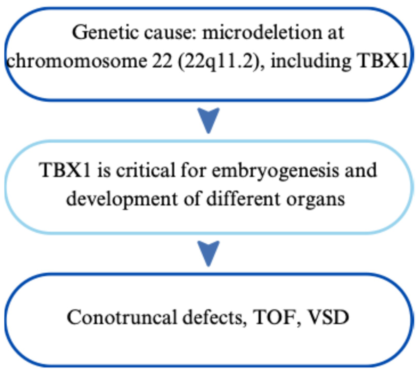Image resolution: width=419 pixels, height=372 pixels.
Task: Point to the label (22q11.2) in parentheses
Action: point(221,62)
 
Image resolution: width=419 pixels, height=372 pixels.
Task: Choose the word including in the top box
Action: point(311,62)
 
